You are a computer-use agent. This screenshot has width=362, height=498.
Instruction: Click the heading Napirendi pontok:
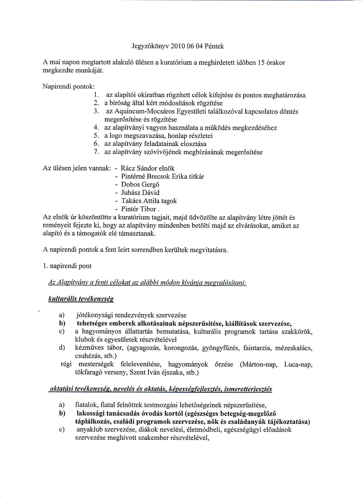point(69,86)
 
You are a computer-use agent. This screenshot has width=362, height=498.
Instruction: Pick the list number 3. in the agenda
point(96,112)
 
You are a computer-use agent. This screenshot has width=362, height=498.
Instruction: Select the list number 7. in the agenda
point(96,152)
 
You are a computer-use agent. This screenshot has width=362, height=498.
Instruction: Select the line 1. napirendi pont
point(67,266)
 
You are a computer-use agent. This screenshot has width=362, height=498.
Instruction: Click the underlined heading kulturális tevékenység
point(81,299)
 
